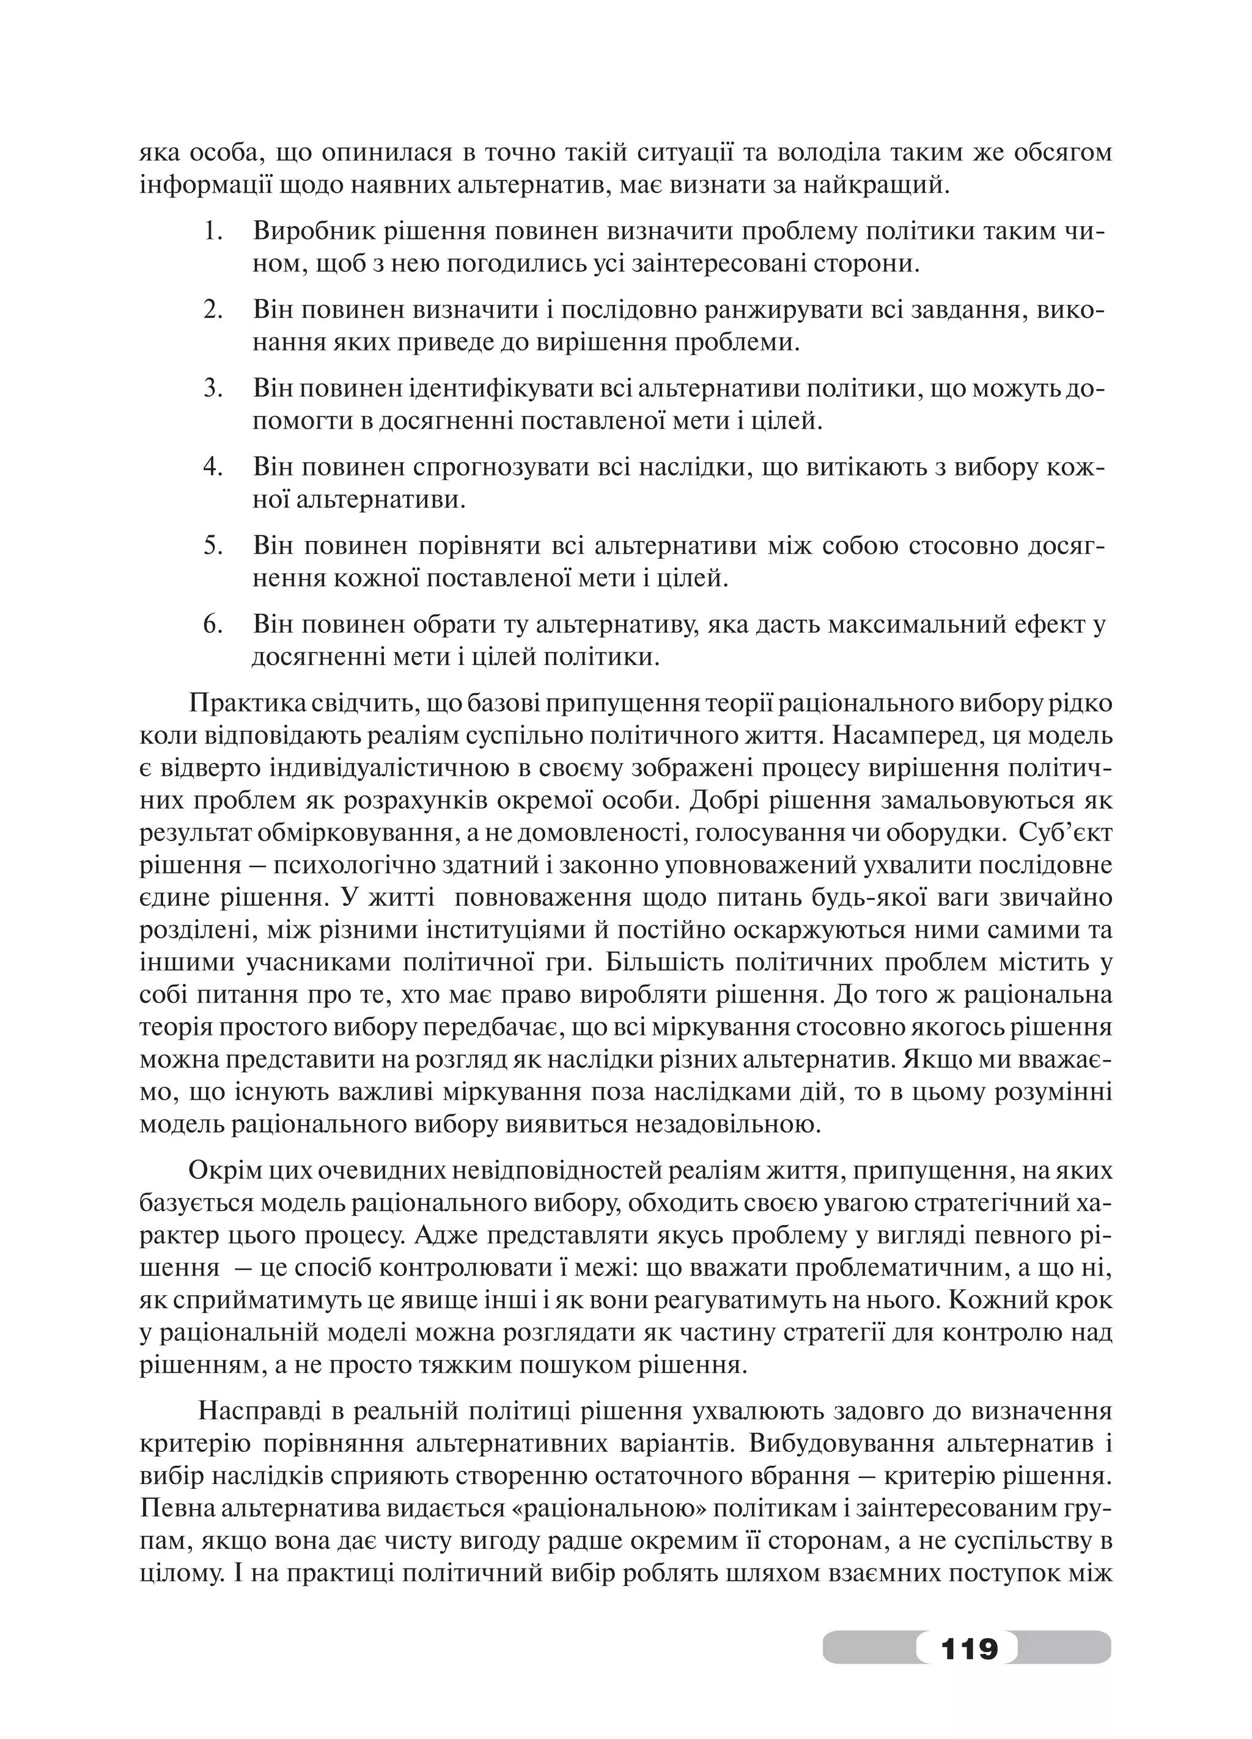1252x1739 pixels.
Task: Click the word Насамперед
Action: coord(904,735)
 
